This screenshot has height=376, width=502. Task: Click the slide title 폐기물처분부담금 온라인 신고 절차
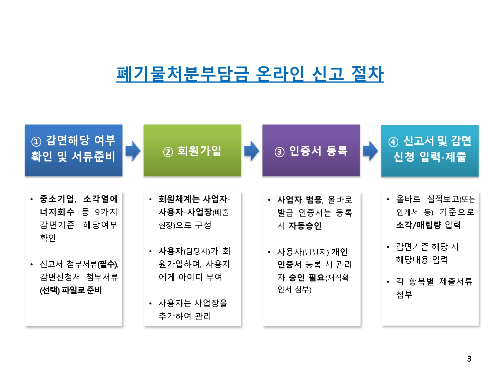coord(250,74)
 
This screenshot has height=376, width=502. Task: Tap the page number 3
coord(469,359)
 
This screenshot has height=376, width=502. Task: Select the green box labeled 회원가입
coord(192,150)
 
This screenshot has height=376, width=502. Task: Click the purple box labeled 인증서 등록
coord(311,150)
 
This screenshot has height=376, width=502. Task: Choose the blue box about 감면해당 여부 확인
coord(74,150)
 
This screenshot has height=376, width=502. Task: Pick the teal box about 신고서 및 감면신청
coord(430,150)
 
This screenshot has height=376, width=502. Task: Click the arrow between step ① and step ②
coord(133,151)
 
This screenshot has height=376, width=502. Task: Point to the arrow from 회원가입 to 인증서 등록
coord(252,151)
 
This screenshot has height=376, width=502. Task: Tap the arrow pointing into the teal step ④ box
coord(370,151)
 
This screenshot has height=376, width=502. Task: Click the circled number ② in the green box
coord(168,152)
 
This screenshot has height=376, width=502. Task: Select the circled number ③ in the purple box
coord(279,152)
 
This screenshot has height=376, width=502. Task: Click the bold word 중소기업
coord(57,199)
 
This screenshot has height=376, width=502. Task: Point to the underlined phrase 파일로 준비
coord(82,290)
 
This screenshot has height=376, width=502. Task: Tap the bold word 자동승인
coord(305,226)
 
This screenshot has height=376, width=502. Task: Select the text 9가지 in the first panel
coord(106,212)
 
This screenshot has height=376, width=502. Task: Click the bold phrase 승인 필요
coord(307,277)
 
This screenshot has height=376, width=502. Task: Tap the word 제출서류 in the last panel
coord(455,281)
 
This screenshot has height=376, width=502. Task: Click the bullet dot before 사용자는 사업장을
coord(151,303)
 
